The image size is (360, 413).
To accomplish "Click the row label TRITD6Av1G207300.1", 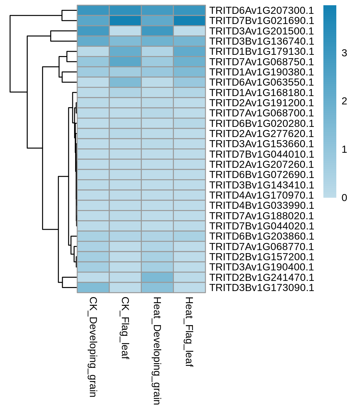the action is [x=261, y=10].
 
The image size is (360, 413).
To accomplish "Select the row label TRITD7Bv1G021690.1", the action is [x=261, y=21].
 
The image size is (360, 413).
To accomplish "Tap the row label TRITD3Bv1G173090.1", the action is [x=261, y=288].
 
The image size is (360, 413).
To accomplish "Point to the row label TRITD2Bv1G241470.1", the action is [x=261, y=277].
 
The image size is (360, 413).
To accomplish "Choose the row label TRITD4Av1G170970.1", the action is [x=261, y=195].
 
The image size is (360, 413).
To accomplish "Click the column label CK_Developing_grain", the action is [x=93, y=347].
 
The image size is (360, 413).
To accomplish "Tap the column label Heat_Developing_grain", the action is [x=157, y=351].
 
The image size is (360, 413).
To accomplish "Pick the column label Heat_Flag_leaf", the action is [x=189, y=332].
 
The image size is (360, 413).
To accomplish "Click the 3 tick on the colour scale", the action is [x=344, y=53].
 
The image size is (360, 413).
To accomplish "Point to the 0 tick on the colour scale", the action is [x=344, y=198].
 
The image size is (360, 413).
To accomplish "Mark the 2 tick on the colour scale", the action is [x=344, y=101].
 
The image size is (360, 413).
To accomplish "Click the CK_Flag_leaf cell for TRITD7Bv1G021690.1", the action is [x=125, y=21].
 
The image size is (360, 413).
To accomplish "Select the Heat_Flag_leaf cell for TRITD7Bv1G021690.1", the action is [x=189, y=21].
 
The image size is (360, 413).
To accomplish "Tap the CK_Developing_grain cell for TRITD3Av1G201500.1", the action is [x=93, y=31].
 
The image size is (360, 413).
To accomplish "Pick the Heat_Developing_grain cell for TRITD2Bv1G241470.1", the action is [x=157, y=277].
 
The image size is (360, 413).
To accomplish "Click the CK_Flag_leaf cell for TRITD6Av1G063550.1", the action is [x=125, y=82].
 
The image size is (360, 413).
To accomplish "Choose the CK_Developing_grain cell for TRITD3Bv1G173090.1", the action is [x=93, y=288].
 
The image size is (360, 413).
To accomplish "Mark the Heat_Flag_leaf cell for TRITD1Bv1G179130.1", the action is [x=189, y=51].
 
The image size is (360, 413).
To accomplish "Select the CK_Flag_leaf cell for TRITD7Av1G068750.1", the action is [x=125, y=62].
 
